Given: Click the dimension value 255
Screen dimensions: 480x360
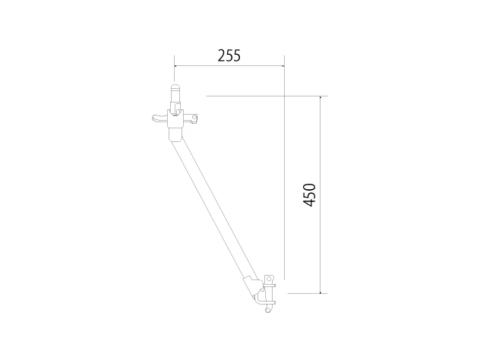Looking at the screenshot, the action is pos(229,55).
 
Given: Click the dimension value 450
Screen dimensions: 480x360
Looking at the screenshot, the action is pos(309,195).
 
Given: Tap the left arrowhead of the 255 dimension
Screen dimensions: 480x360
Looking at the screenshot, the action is pos(175,65).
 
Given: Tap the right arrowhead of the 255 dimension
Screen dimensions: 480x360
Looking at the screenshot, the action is pos(283,65).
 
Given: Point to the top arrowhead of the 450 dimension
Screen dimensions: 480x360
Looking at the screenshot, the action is pos(321,97).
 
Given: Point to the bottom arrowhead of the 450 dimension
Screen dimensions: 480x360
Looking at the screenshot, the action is pos(321,292).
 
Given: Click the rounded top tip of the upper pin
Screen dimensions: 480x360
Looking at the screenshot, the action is pos(175,86).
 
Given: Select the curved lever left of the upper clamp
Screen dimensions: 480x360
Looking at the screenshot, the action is pos(159,118).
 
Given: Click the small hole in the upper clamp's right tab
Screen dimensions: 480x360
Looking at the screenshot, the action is pos(194,117).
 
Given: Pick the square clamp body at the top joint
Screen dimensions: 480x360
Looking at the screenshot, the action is pos(175,118).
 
